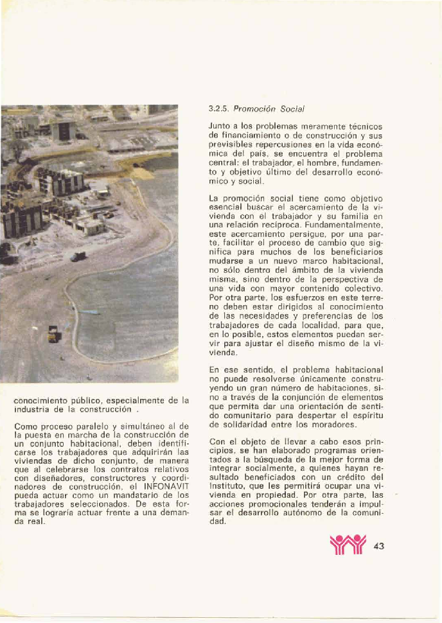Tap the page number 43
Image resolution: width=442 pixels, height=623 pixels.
tap(378, 547)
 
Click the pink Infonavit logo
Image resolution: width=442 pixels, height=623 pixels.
tap(346, 547)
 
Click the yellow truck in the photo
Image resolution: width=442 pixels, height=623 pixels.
tap(54, 333)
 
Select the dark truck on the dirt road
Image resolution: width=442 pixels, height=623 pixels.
tap(78, 256)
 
